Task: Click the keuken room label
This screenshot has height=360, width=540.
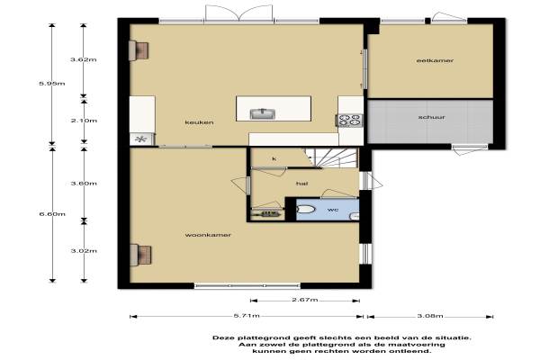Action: [199, 122]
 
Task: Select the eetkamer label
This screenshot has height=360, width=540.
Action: [435, 60]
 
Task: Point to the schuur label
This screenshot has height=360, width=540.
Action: [432, 117]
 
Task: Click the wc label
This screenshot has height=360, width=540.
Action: [333, 210]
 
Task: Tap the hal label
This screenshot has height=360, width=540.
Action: [301, 184]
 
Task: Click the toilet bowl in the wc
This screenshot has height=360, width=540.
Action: [305, 209]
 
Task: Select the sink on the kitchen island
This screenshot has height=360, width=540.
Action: [263, 113]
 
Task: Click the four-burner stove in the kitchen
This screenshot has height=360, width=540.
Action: [349, 121]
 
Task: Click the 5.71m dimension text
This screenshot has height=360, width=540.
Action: [247, 316]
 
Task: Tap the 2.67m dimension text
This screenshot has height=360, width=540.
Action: [305, 300]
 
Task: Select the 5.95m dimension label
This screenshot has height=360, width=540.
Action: [52, 84]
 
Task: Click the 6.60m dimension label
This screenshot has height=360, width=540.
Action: [52, 214]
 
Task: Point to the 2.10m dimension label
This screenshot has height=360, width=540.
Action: [84, 121]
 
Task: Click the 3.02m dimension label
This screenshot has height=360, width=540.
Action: [84, 251]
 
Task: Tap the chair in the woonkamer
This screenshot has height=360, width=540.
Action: [141, 256]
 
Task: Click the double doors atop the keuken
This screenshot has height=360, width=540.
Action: [239, 13]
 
